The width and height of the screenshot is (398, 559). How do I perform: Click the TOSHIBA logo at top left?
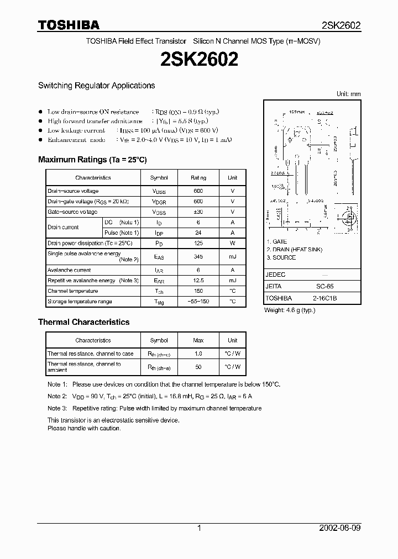pos(69,25)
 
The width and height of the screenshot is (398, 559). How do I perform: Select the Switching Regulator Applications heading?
pos(96,86)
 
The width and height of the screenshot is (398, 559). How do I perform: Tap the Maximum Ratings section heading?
pos(92,160)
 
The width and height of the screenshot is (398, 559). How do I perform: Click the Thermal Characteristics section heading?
pos(83,322)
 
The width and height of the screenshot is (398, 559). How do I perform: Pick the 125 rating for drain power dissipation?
pos(198,243)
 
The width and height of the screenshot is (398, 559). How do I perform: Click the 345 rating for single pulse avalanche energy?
pos(198,257)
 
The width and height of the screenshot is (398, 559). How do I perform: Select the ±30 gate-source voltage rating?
pos(198,212)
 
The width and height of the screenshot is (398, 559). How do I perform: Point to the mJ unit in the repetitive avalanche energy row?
pos(232,281)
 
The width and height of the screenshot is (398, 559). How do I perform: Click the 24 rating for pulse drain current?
pos(198,233)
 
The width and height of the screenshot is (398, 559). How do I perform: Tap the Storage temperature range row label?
pos(80,302)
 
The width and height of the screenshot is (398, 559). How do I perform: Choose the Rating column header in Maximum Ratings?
pos(198,178)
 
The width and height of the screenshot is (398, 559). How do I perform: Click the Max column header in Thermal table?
pos(198,340)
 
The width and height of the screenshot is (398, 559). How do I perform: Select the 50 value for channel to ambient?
pos(198,367)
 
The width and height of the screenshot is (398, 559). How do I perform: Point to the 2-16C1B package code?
pos(325,298)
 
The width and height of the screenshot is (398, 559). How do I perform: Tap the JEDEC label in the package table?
pos(275,275)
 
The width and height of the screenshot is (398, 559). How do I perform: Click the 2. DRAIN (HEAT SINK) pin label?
pos(295,250)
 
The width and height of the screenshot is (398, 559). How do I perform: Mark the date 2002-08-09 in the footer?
pos(341,528)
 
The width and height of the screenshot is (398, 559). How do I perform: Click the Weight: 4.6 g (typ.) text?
pos(290,310)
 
